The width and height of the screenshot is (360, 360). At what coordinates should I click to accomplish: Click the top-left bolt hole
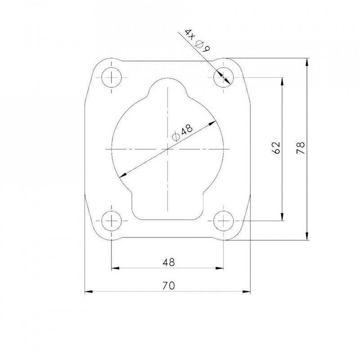pyautogui.click(x=111, y=77)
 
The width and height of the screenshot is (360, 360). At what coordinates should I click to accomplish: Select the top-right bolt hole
pyautogui.click(x=223, y=77)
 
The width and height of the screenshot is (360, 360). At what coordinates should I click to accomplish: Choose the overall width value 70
pyautogui.click(x=168, y=285)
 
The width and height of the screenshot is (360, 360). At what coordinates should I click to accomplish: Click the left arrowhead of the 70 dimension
pyautogui.click(x=89, y=292)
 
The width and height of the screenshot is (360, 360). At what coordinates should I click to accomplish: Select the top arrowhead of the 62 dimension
pyautogui.click(x=282, y=81)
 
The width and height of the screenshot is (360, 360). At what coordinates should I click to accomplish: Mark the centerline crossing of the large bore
pyautogui.click(x=167, y=148)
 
